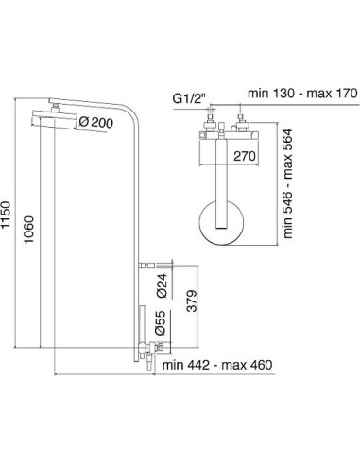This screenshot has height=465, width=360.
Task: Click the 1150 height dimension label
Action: click(7, 215)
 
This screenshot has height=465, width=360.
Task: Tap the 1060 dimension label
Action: click(29, 230)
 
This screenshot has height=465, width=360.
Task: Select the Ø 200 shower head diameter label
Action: click(96, 122)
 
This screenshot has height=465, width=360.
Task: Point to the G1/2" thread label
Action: click(189, 98)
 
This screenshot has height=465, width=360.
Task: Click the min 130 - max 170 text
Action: click(302, 94)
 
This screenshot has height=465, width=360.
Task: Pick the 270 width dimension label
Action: click(245, 156)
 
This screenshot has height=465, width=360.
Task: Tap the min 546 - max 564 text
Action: click(288, 183)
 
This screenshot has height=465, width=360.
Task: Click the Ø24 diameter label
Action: click(162, 285)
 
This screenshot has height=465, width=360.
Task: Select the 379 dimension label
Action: click(192, 301)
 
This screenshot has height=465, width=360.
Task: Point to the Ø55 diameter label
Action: click(161, 322)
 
